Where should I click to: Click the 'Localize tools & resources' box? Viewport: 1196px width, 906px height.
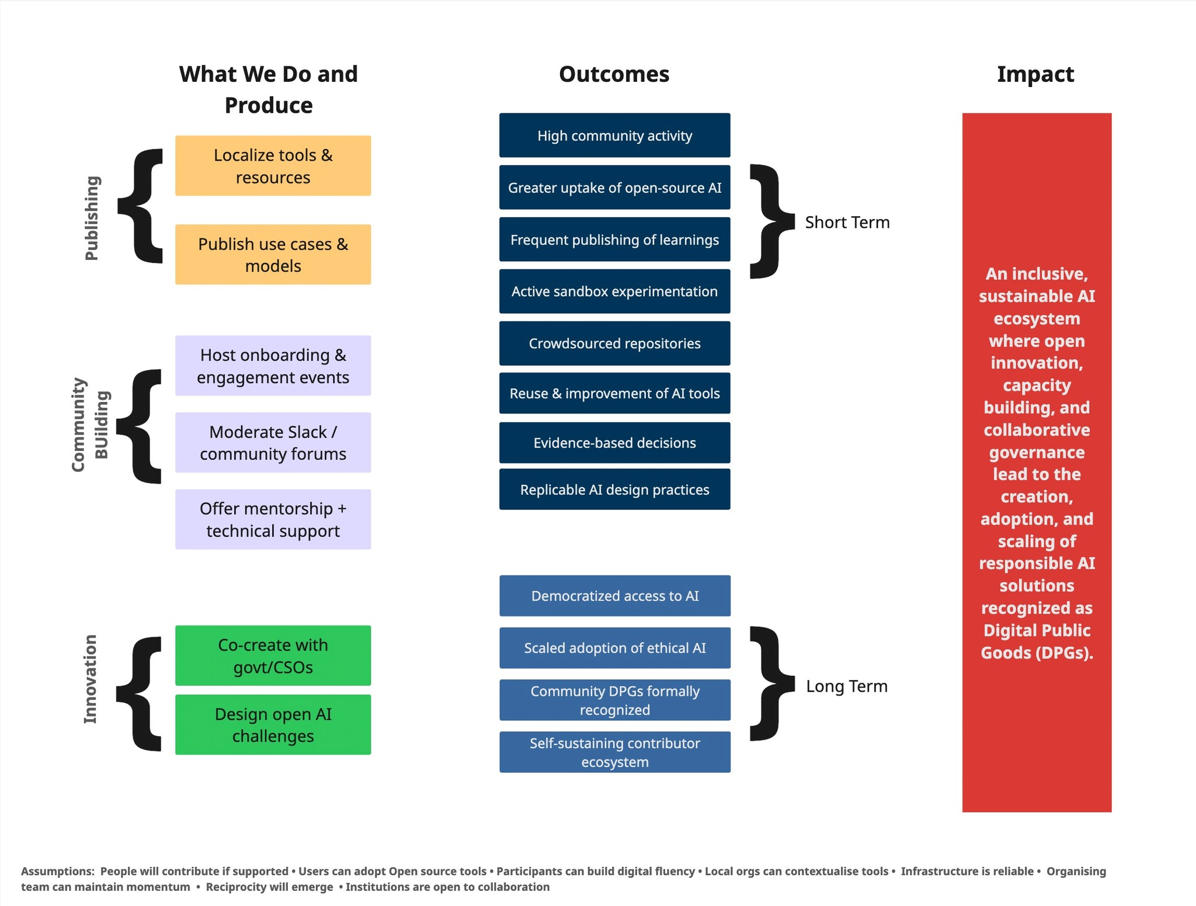click(x=273, y=166)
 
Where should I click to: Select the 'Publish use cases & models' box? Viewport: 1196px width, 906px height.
click(x=273, y=255)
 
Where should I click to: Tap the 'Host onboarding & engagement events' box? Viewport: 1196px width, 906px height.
click(x=273, y=366)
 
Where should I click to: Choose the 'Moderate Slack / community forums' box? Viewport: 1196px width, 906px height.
click(x=273, y=443)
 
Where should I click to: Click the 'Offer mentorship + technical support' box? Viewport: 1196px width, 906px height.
click(x=273, y=519)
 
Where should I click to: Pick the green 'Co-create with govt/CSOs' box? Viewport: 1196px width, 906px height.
click(x=273, y=655)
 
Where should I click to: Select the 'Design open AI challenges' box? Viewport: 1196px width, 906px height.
click(x=273, y=724)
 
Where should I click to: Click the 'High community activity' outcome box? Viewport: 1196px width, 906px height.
click(x=614, y=136)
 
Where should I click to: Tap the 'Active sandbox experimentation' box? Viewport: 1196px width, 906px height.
click(x=614, y=291)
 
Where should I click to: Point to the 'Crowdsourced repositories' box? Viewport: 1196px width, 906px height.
click(x=614, y=343)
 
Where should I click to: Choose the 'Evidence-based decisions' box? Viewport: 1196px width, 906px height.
click(x=614, y=443)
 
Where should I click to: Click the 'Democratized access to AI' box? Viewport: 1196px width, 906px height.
click(x=614, y=596)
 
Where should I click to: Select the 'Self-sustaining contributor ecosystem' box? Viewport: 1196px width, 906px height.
click(x=614, y=752)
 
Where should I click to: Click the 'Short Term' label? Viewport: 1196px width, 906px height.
click(x=847, y=223)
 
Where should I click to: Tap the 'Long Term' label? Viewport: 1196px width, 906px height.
click(x=846, y=686)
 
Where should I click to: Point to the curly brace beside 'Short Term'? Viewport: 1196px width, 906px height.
click(x=771, y=221)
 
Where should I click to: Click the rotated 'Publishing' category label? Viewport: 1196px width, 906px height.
click(x=92, y=218)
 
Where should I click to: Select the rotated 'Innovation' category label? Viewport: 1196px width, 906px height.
click(x=90, y=679)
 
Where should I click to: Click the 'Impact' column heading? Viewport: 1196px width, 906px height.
click(x=1035, y=74)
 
